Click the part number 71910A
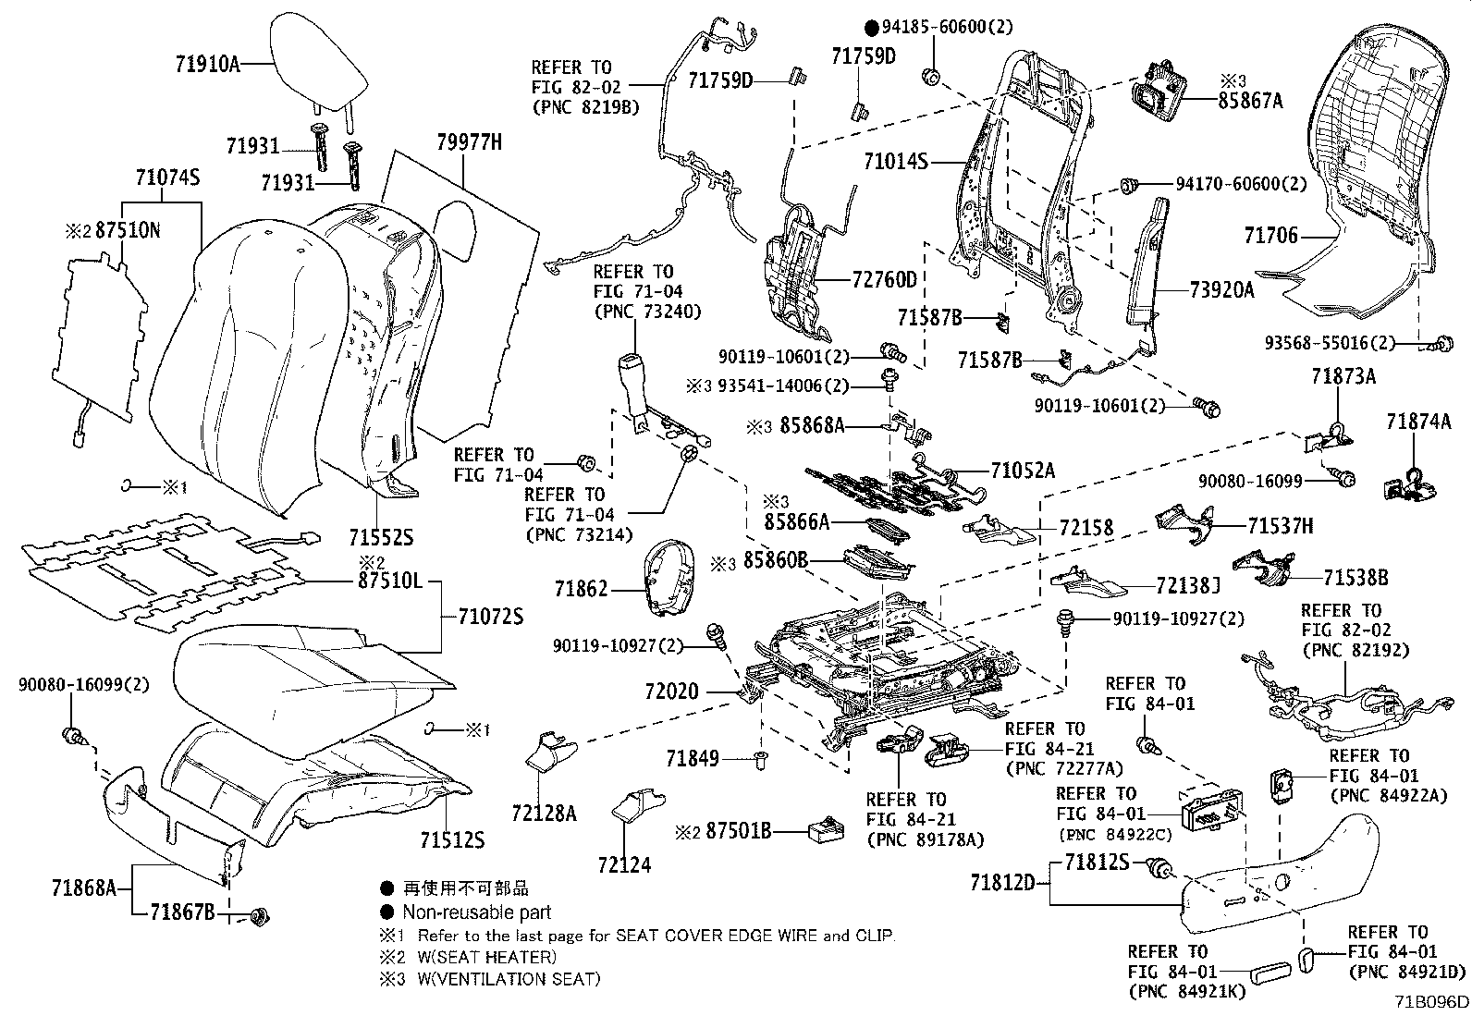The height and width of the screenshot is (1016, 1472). [207, 64]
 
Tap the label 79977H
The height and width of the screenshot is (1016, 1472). [470, 141]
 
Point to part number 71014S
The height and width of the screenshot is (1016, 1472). [896, 163]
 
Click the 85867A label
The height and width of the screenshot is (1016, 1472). [1251, 102]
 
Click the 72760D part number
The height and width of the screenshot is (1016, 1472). [885, 279]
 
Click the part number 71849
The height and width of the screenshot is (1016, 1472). [692, 759]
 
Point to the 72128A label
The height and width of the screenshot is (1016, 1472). [544, 813]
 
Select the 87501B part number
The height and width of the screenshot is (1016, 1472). [738, 830]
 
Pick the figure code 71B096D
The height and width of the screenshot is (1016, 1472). [1431, 1002]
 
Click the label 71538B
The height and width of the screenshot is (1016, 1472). [1355, 578]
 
